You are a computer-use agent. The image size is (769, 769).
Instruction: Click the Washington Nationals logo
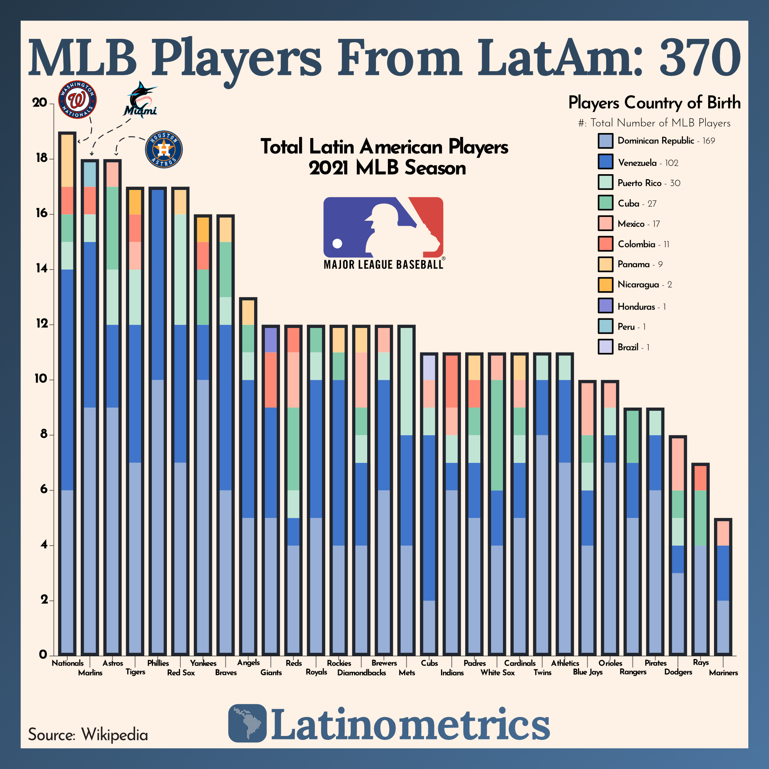coord(77,100)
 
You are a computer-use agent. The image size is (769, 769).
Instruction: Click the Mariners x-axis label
coord(723,672)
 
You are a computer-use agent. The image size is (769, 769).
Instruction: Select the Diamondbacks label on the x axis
coord(361,672)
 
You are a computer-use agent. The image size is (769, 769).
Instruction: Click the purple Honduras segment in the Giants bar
coord(271,340)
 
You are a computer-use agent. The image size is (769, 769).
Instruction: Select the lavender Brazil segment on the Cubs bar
coord(429,367)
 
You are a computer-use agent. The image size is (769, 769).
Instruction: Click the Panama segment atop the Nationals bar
coord(67,161)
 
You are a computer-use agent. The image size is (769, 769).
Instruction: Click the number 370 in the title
coord(700,58)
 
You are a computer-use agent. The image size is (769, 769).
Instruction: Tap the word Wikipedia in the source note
coord(115,734)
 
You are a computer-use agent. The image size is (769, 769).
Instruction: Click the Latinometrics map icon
coord(247,723)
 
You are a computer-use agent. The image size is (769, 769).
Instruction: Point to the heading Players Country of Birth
coord(654,103)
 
